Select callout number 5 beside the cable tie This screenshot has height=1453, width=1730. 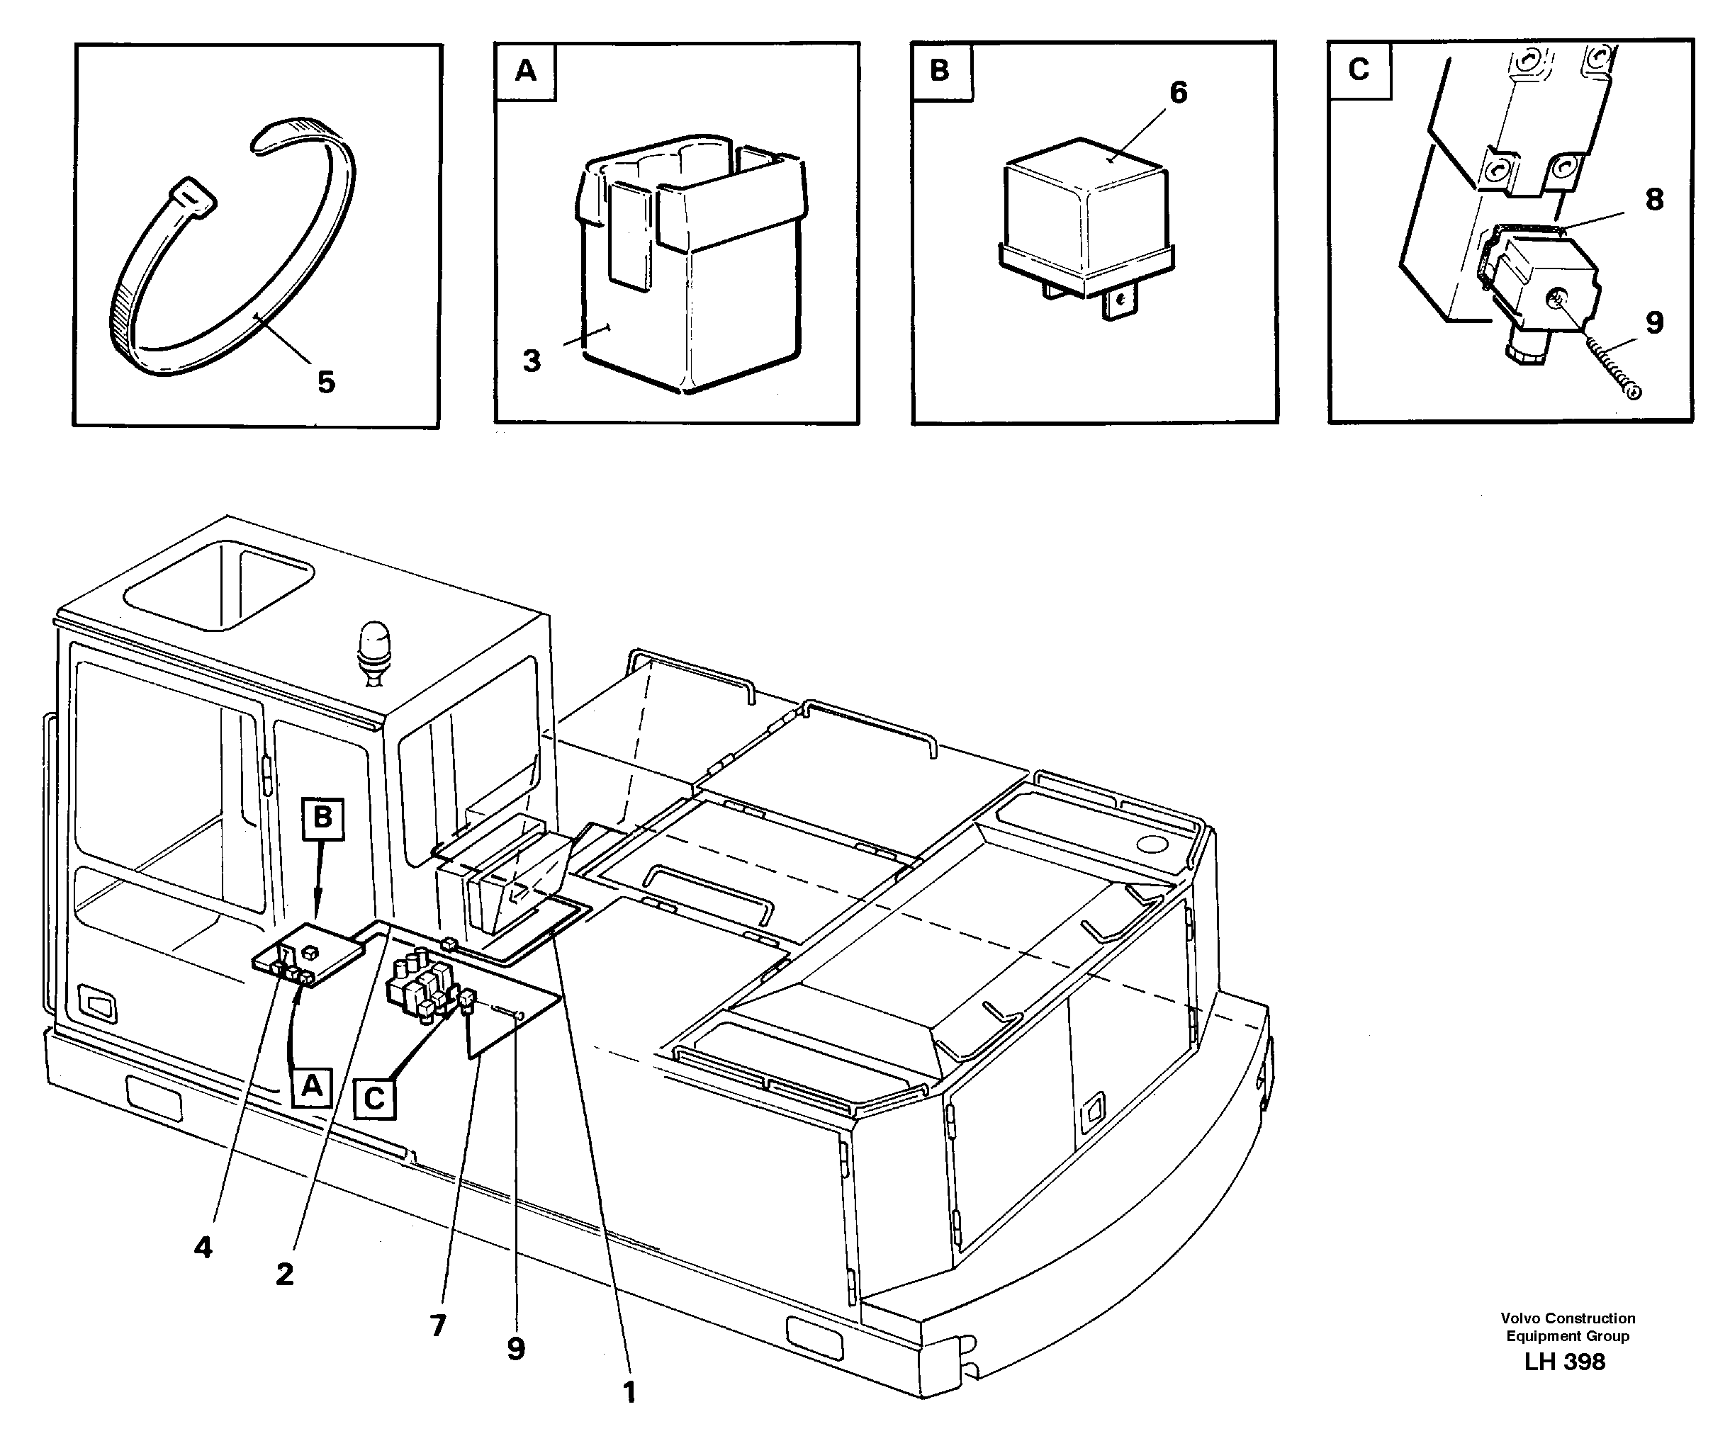pyautogui.click(x=326, y=382)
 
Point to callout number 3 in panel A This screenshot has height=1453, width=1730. pyautogui.click(x=532, y=360)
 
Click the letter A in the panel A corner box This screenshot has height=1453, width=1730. pyautogui.click(x=526, y=72)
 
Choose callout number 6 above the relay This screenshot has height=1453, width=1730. pyautogui.click(x=1178, y=93)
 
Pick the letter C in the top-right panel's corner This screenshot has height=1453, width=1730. pyautogui.click(x=1359, y=69)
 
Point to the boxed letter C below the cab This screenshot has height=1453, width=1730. pyautogui.click(x=375, y=1099)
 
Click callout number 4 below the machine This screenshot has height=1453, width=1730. pyautogui.click(x=203, y=1248)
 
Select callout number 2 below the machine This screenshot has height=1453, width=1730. pyautogui.click(x=284, y=1274)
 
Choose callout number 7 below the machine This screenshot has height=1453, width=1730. pyautogui.click(x=437, y=1325)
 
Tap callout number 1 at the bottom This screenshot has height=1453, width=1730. pyautogui.click(x=629, y=1392)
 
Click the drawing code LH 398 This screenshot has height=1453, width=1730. pyautogui.click(x=1563, y=1362)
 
